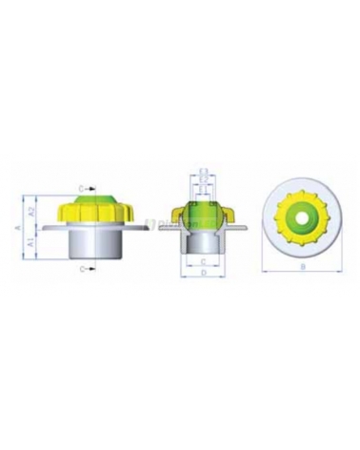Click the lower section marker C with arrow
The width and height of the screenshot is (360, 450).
84,269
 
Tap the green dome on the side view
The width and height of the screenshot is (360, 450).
92,196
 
